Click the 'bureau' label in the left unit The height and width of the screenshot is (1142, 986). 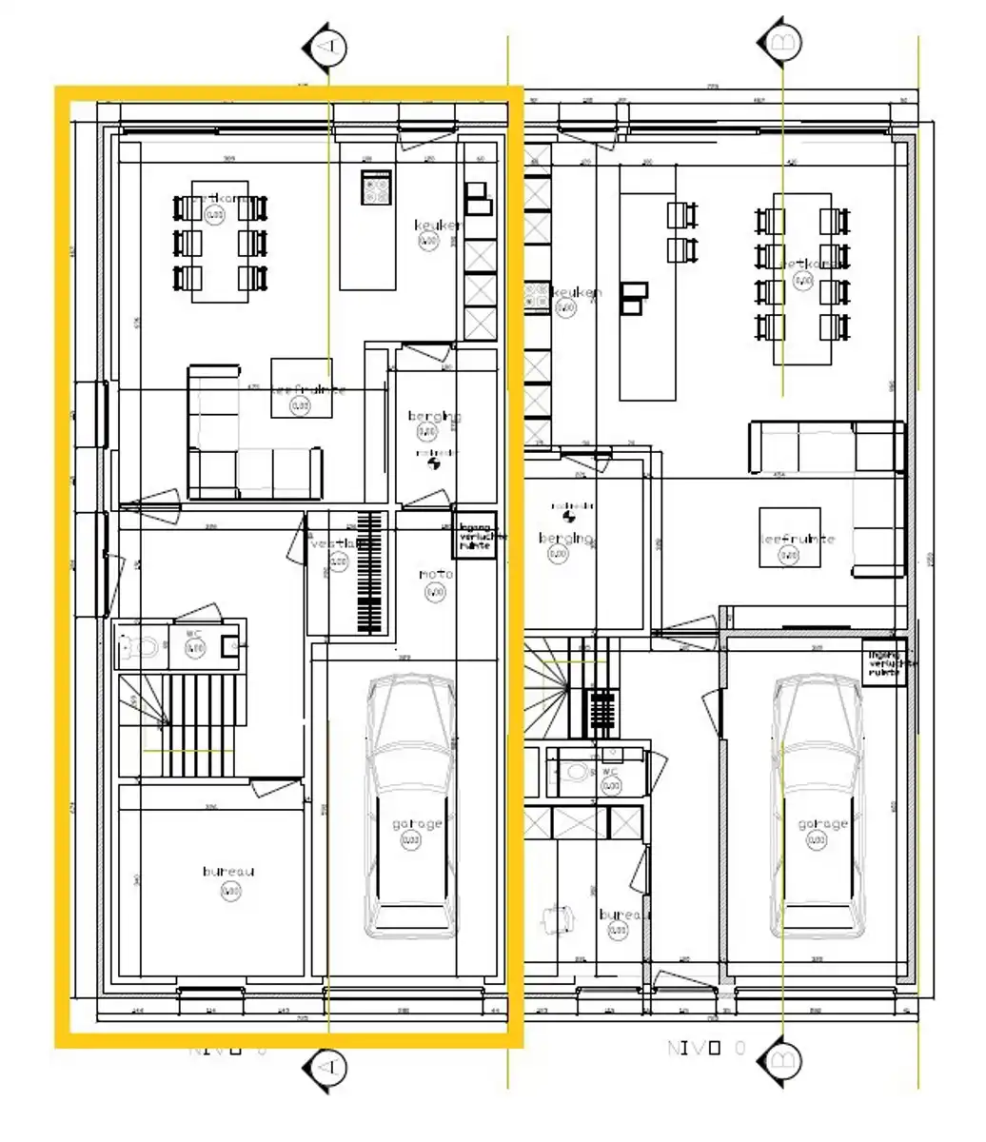tap(228, 871)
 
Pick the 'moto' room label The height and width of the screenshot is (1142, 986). tap(436, 574)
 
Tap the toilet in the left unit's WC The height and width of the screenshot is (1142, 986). tap(143, 648)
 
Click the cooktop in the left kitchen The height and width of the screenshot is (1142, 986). tap(377, 187)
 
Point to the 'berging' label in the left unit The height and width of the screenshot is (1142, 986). tap(434, 416)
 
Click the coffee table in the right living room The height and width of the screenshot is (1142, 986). tap(789, 538)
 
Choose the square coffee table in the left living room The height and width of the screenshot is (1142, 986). tap(302, 387)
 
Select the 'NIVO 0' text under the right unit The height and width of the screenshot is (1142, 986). tap(706, 1048)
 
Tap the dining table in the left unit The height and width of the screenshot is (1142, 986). tap(220, 241)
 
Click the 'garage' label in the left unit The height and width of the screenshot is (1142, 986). tap(417, 824)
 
